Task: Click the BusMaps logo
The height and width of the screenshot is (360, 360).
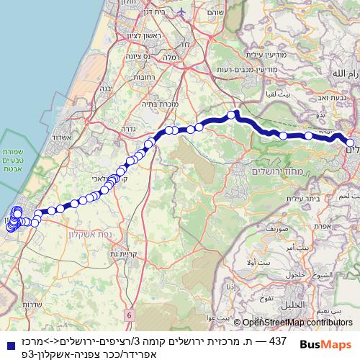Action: click(327, 344)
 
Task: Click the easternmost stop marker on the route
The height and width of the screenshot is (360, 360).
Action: click(350, 143)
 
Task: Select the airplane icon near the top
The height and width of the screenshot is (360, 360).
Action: click(180, 12)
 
